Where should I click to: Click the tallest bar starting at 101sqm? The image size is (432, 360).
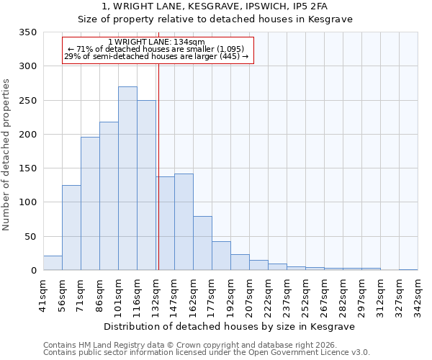tap(127, 179)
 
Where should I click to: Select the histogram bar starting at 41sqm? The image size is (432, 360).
tap(53, 263)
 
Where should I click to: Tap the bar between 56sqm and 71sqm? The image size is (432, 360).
tap(71, 228)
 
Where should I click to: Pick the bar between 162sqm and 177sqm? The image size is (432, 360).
tap(202, 243)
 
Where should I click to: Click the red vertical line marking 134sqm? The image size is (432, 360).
tap(158, 166)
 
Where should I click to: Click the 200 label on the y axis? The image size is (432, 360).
tap(27, 135)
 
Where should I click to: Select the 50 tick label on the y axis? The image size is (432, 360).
tap(30, 237)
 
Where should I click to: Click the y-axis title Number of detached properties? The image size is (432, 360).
tap(6, 155)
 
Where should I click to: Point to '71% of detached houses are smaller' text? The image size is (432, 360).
tap(156, 49)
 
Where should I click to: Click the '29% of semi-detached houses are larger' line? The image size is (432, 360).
tap(156, 56)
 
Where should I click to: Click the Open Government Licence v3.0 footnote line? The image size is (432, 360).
tap(206, 352)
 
